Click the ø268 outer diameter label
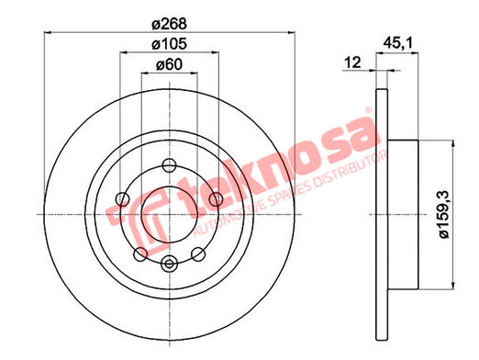pyautogui.click(x=169, y=24)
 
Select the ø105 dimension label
pyautogui.click(x=169, y=44)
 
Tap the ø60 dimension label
pyautogui.click(x=169, y=64)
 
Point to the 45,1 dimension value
pyautogui.click(x=398, y=43)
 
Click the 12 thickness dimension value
pyautogui.click(x=352, y=62)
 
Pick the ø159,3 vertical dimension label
pyautogui.click(x=443, y=214)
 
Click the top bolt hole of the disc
pyautogui.click(x=169, y=165)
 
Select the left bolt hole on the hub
pyautogui.click(x=122, y=199)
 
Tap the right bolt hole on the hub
pyautogui.click(x=216, y=199)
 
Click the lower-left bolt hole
pyautogui.click(x=140, y=254)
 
